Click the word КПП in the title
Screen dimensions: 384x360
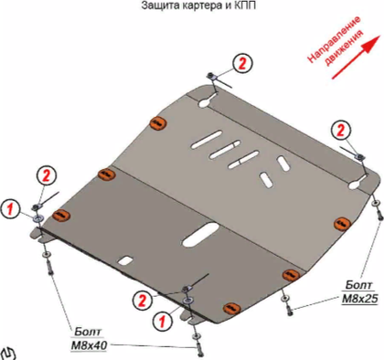[x=245, y=5]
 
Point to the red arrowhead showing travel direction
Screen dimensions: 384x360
[x=372, y=43]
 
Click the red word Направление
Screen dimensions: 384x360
[x=334, y=38]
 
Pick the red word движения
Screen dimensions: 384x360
[x=345, y=48]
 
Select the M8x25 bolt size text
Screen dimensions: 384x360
[x=360, y=299]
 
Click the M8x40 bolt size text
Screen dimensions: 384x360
[x=89, y=345]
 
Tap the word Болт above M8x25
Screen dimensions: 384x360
[x=359, y=285]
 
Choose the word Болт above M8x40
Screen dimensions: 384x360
[x=88, y=332]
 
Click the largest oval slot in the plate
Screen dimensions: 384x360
[x=200, y=234]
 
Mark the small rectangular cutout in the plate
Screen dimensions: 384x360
[x=125, y=259]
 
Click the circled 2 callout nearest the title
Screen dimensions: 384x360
[x=242, y=64]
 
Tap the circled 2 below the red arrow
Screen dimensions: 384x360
[x=341, y=130]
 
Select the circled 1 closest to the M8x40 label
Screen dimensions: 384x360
[x=162, y=321]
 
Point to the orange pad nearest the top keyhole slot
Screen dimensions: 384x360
[x=158, y=123]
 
